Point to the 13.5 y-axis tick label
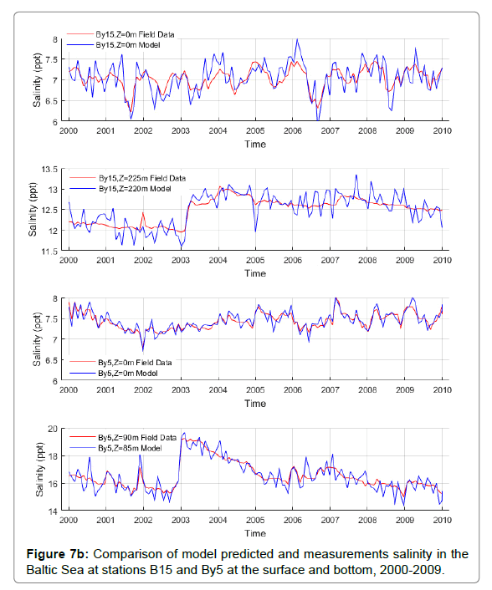tap(49, 170)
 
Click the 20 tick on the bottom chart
tap(53, 429)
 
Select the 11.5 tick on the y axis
tap(49, 252)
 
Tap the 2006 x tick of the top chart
tap(293, 131)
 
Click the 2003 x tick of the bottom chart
tap(181, 520)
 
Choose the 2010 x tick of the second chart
tap(443, 261)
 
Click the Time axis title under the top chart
tap(255, 144)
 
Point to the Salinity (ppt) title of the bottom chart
tap(39, 469)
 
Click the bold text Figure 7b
tap(57, 554)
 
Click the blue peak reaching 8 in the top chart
tap(297, 38)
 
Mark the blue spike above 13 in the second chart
tap(356, 175)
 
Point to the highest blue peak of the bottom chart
tap(184, 433)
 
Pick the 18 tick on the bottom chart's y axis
tap(53, 456)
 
